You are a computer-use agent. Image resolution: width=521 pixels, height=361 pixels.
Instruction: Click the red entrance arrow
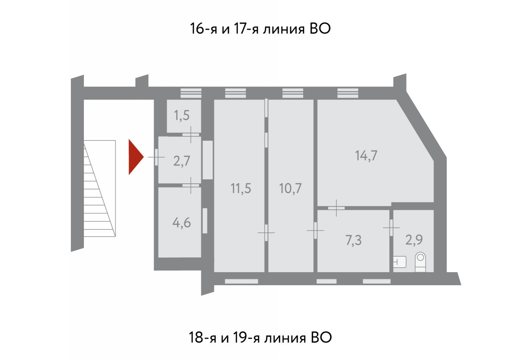(x=136, y=157)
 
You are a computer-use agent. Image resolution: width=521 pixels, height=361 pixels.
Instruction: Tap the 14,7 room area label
(x=366, y=156)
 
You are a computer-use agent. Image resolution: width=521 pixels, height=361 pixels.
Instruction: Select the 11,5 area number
(x=241, y=188)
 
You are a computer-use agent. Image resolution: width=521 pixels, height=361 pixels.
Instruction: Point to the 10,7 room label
(x=290, y=188)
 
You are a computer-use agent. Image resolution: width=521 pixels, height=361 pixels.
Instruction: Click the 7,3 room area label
(x=354, y=240)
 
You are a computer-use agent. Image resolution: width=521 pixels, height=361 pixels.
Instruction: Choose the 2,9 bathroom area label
(x=414, y=240)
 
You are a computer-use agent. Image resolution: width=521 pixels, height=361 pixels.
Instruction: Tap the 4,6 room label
(x=182, y=223)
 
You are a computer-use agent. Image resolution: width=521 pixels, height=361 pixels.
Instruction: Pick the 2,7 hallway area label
(x=182, y=161)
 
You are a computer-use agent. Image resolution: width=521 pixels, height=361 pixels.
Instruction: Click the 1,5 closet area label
(x=182, y=115)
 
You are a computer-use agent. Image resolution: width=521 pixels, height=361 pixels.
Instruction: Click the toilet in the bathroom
(x=420, y=262)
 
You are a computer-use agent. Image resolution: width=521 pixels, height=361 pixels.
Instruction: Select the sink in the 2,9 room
(x=400, y=262)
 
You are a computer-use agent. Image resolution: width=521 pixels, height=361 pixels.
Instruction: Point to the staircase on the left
(x=100, y=188)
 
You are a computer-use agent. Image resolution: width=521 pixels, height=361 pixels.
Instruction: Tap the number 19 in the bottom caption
(x=240, y=337)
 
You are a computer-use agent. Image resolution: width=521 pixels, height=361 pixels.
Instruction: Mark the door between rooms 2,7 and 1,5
(x=191, y=134)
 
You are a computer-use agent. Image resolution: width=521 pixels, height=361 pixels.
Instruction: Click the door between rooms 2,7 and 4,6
(x=191, y=185)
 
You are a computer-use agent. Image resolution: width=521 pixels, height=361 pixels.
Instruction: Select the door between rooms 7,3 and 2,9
(x=391, y=227)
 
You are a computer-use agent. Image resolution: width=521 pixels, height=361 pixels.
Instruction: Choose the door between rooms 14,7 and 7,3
(x=336, y=208)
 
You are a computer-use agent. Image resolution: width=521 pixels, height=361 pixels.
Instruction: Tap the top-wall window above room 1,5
(x=191, y=93)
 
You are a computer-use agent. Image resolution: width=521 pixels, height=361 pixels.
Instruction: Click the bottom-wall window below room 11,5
(x=241, y=282)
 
